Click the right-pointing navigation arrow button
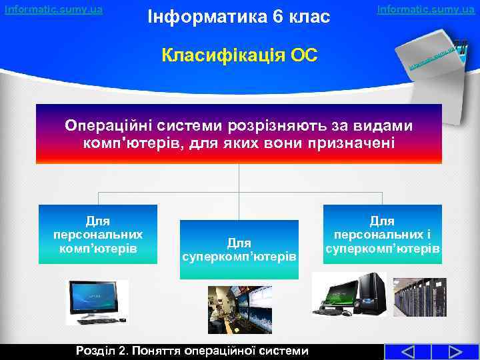455,352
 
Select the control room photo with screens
240,310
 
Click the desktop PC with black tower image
348,295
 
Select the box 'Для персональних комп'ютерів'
98,233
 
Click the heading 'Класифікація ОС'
240,54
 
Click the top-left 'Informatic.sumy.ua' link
53,9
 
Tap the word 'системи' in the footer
283,351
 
